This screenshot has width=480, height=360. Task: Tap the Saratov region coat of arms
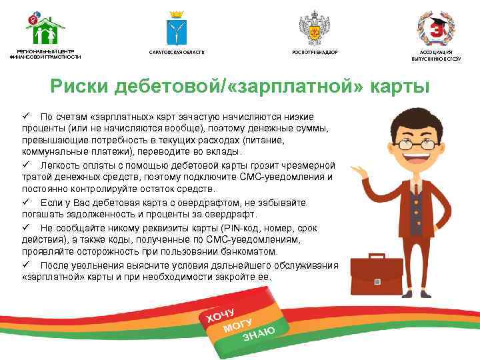(x=177, y=27)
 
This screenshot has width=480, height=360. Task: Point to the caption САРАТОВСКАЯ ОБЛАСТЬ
(x=177, y=52)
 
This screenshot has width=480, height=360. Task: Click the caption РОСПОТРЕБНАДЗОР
(x=315, y=52)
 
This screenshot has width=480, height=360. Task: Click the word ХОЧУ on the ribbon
(x=221, y=313)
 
